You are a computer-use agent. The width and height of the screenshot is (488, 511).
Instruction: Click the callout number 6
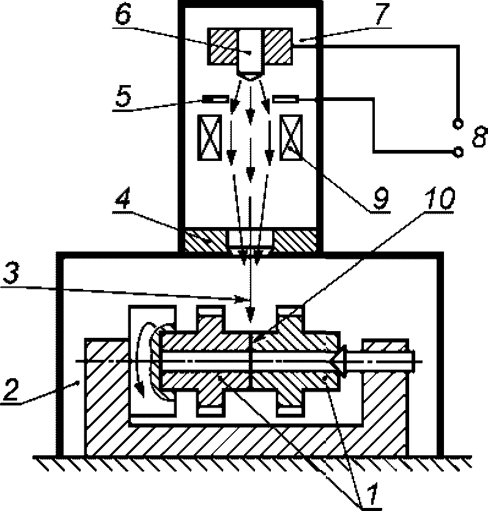(x=123, y=15)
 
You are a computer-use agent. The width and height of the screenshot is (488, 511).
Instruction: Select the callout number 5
(x=123, y=96)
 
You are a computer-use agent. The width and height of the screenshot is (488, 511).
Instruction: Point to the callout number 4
(x=123, y=198)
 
